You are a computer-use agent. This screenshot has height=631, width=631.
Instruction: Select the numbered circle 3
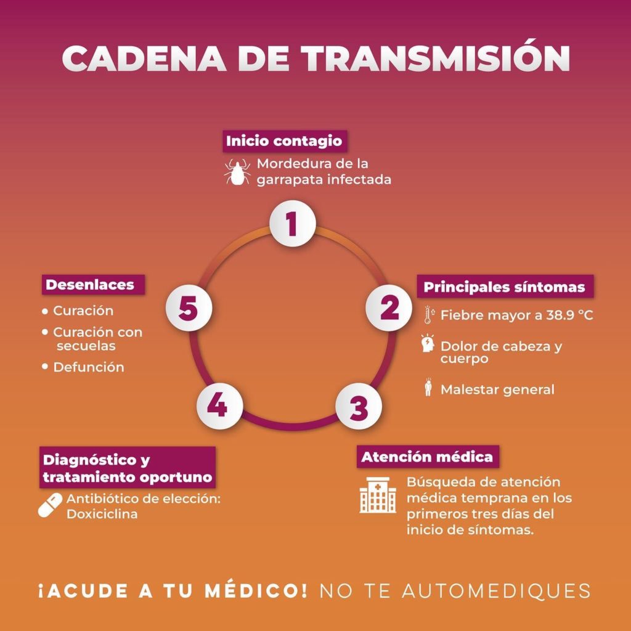[359, 407]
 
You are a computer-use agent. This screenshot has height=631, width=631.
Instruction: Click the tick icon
[237, 172]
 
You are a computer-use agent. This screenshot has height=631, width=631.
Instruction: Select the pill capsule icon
[51, 505]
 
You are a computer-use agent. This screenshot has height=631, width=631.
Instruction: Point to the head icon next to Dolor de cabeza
[428, 344]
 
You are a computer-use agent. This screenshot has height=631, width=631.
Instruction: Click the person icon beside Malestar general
[428, 388]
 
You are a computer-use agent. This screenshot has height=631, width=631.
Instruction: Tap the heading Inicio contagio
[283, 140]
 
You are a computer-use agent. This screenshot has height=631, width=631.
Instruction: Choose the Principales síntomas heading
[504, 288]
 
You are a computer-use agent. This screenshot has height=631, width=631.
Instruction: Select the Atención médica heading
[427, 457]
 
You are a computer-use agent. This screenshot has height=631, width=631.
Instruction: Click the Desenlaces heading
[90, 285]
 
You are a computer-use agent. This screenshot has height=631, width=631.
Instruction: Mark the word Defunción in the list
[89, 367]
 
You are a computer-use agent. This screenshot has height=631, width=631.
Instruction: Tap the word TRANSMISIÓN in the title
[436, 59]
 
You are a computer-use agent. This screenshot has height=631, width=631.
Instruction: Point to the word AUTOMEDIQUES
[496, 590]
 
